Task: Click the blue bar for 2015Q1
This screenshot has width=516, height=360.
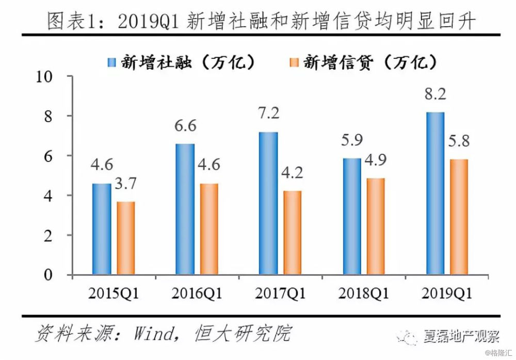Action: [x=102, y=229]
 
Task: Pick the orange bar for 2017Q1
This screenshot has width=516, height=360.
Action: [x=293, y=233]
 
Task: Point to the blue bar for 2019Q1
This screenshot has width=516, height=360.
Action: [x=436, y=193]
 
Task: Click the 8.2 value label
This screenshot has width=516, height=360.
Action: [x=435, y=94]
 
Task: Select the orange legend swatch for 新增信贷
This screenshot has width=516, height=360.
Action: [x=294, y=62]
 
